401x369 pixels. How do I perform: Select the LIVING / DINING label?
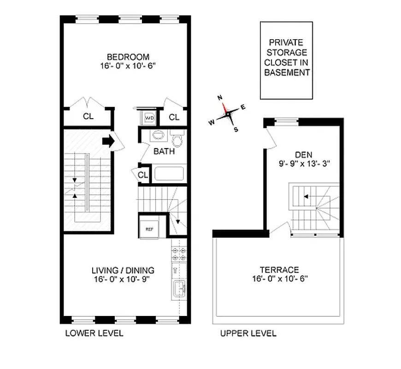tap(123, 270)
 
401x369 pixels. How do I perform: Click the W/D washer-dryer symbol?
tap(149, 118)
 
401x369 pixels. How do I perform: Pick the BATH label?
tap(164, 151)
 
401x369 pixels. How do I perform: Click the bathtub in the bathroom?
tap(169, 174)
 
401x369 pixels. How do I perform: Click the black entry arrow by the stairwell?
tap(108, 141)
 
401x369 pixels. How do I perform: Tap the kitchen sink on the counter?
tap(179, 291)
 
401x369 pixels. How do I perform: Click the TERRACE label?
tap(279, 270)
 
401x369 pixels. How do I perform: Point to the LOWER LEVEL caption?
tap(94, 333)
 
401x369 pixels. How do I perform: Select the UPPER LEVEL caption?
tap(248, 333)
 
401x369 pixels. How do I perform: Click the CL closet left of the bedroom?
tap(88, 117)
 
